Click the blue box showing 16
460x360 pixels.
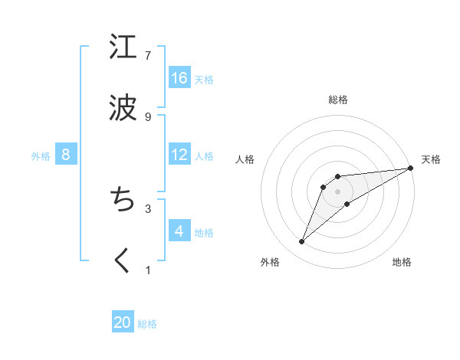tap(179, 77)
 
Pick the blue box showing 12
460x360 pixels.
tap(179, 155)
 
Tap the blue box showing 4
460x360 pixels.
tap(179, 231)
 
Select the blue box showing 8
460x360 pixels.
tap(66, 155)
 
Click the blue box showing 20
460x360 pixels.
tap(123, 322)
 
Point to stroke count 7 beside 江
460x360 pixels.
tap(148, 55)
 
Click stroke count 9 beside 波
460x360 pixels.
tap(148, 116)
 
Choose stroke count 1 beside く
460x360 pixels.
tap(148, 270)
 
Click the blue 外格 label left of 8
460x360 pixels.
tap(41, 155)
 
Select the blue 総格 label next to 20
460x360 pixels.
tap(147, 324)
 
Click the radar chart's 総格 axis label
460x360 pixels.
tap(338, 100)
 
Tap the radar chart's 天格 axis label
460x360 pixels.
tap(431, 159)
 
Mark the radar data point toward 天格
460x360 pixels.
tap(411, 168)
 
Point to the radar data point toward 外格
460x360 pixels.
tap(301, 242)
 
